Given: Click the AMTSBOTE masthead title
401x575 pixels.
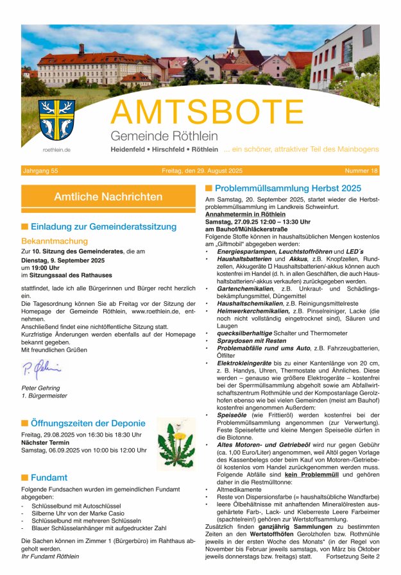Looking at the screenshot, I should [207, 113].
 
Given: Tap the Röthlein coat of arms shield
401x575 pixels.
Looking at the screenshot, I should [56, 120].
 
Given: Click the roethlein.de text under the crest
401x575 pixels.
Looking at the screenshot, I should [56, 149].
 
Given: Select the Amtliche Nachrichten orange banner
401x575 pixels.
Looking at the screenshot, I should [108, 197].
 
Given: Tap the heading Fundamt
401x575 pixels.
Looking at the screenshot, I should [49, 477].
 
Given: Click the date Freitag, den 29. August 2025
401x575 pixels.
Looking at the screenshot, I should [201, 171].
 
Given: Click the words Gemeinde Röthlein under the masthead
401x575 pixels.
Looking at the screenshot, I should [164, 136].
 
